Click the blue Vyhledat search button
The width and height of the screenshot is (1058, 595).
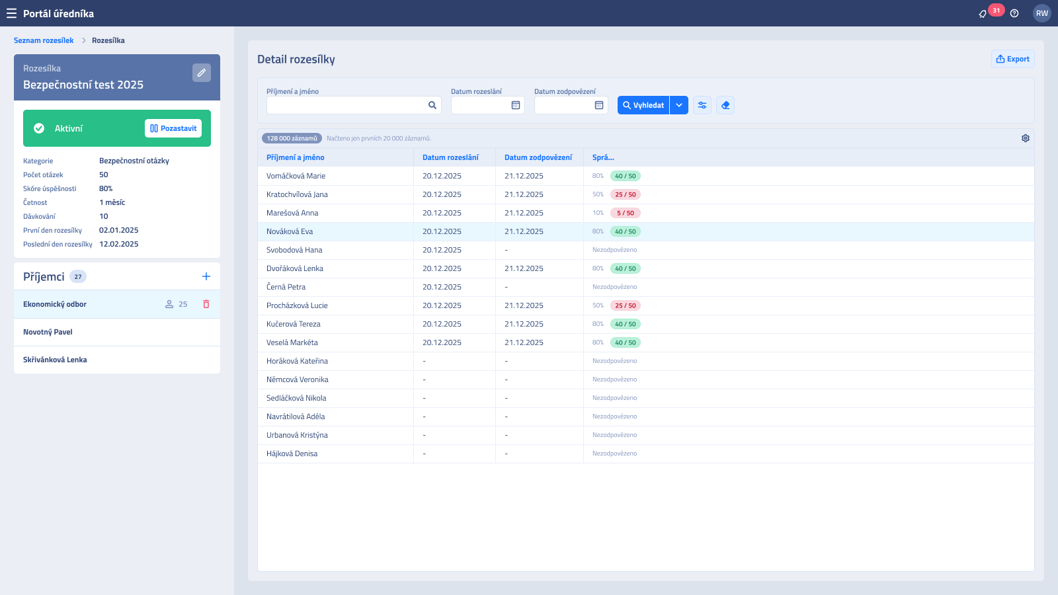click(643, 105)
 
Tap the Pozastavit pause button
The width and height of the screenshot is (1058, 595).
click(173, 128)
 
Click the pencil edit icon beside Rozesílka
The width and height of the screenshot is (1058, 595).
click(201, 73)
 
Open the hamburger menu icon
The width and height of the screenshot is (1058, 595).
click(11, 13)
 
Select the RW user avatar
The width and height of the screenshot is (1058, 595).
click(1041, 13)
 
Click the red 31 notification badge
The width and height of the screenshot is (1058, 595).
click(996, 10)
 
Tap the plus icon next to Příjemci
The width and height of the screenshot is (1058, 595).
click(206, 276)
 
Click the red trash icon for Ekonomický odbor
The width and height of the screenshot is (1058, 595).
click(206, 304)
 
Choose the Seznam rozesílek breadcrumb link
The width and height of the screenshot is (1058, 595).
click(44, 40)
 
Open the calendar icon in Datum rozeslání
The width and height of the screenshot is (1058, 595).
click(515, 105)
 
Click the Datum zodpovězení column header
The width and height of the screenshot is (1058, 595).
click(538, 157)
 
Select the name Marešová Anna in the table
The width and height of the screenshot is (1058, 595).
click(292, 213)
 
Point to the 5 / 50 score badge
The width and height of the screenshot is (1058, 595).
click(625, 213)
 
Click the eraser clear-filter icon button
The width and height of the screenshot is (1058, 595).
click(725, 105)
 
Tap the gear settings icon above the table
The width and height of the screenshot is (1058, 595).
click(1025, 138)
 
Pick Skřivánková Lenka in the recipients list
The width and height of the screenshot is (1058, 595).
click(55, 360)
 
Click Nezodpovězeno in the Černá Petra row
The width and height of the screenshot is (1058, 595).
click(614, 287)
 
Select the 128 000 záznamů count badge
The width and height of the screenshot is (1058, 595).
click(292, 138)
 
